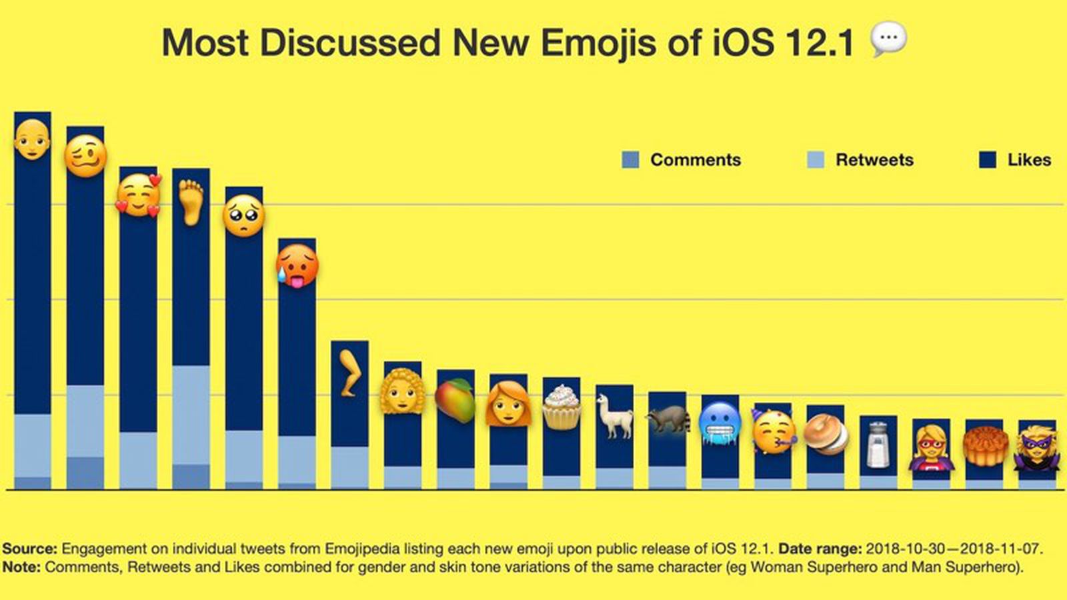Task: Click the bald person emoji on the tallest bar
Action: [32, 140]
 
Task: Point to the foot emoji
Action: [191, 201]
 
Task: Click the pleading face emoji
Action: [243, 216]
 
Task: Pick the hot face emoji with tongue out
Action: [297, 265]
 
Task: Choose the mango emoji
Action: [455, 400]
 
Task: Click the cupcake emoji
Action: [561, 407]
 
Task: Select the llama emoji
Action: [614, 416]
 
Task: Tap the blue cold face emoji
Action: [720, 423]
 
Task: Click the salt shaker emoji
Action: [878, 444]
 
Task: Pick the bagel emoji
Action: [826, 435]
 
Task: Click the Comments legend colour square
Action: [630, 160]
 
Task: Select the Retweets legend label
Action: [874, 160]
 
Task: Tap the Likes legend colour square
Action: [988, 160]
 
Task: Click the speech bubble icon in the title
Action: [888, 39]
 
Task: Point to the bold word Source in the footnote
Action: [29, 549]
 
